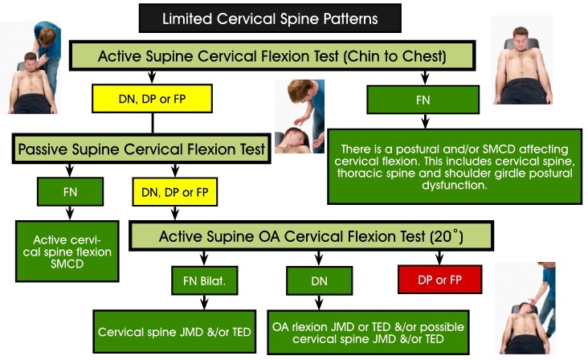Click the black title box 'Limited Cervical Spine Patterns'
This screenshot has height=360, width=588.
tap(270, 17)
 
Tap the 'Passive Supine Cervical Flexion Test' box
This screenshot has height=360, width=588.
tap(141, 149)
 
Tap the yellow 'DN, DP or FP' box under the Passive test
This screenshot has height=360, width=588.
tap(175, 193)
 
